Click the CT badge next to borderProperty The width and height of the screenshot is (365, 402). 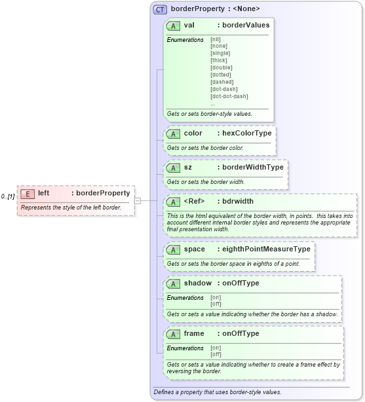pos(160,9)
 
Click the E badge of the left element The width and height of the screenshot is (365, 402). pos(28,194)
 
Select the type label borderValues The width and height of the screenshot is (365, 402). pos(246,26)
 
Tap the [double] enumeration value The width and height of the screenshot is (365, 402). pos(221,67)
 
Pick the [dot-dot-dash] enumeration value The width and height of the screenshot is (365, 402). pos(229,96)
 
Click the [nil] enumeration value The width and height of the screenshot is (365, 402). pos(216,39)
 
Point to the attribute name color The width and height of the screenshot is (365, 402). pos(194,134)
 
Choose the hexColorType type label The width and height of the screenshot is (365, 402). pos(246,134)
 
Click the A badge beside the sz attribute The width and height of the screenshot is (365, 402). pos(174,168)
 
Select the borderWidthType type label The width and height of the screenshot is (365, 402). pos(252,168)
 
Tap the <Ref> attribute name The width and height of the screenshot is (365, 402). pos(195,202)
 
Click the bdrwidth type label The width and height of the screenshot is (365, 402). pos(238,202)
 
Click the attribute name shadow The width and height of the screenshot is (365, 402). pos(197,283)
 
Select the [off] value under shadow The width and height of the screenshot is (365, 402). pos(216,304)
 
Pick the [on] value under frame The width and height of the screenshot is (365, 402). pos(216,348)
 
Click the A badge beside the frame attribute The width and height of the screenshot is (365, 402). pos(174,334)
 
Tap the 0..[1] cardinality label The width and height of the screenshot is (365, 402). pos(8,196)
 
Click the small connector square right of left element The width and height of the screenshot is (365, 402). pos(138,200)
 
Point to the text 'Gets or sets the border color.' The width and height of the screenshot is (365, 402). pos(205,148)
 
